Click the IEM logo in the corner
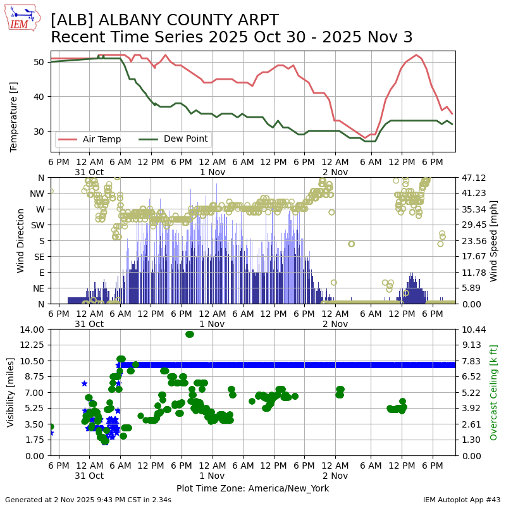pos(23,18)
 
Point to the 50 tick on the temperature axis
pos(42,62)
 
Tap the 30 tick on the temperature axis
pos(42,132)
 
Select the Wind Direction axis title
pos(21,240)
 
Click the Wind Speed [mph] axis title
pos(494,240)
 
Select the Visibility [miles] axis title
pos(11,392)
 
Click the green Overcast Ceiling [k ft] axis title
pos(494,392)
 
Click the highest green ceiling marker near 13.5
pos(190,334)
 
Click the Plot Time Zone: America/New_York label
pos(252,488)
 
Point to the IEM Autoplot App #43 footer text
pos(462,500)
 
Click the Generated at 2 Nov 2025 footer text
pos(88,500)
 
